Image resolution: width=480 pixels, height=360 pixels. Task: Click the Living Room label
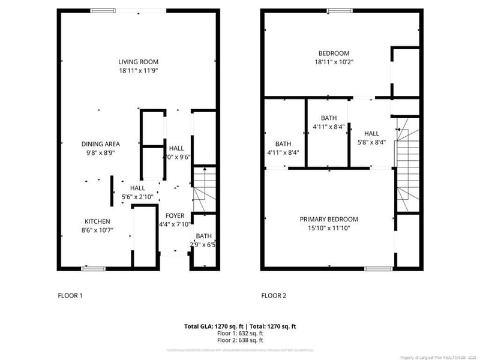138,62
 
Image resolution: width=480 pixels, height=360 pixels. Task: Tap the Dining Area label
101,144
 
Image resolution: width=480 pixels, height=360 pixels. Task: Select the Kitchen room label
97,221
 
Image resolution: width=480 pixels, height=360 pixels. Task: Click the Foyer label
175,216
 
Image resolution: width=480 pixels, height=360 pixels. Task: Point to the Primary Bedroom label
329,220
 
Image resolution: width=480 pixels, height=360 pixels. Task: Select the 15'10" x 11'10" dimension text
329,228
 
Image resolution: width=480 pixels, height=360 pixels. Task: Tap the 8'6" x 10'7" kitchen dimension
97,230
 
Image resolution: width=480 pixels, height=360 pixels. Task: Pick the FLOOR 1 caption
70,295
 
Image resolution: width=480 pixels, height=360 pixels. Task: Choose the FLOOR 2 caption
274,295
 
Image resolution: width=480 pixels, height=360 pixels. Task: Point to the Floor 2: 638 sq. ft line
240,340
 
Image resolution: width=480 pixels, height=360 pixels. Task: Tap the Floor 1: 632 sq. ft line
240,333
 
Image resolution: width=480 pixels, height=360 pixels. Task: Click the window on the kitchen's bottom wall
90,268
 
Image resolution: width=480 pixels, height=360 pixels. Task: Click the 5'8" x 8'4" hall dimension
371,142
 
